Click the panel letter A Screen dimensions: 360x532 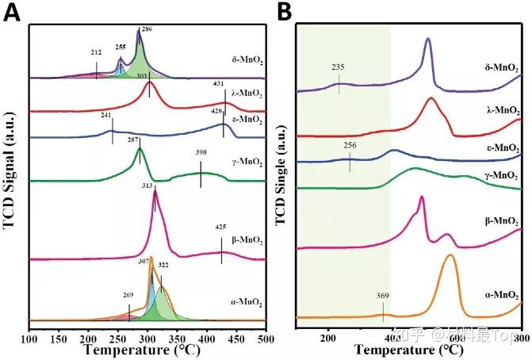[x=12, y=13]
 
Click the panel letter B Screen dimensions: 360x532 [x=285, y=13]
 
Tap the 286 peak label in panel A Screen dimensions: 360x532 [x=147, y=29]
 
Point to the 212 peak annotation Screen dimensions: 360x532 [x=96, y=52]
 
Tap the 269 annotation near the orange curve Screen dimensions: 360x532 [x=128, y=295]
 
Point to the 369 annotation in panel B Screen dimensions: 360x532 [x=382, y=297]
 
